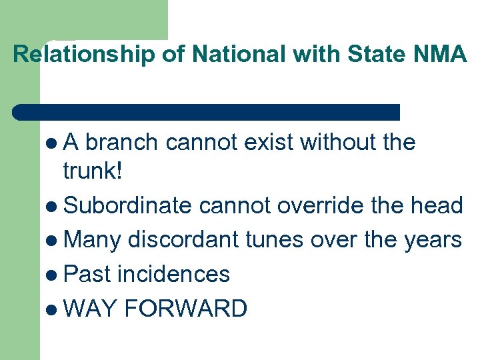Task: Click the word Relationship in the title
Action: click(x=83, y=55)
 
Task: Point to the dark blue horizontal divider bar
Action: click(x=207, y=112)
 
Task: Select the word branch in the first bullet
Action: click(x=121, y=143)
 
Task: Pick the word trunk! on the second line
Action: click(x=93, y=172)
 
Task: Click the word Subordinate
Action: click(x=127, y=206)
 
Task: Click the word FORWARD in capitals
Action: click(x=185, y=309)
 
